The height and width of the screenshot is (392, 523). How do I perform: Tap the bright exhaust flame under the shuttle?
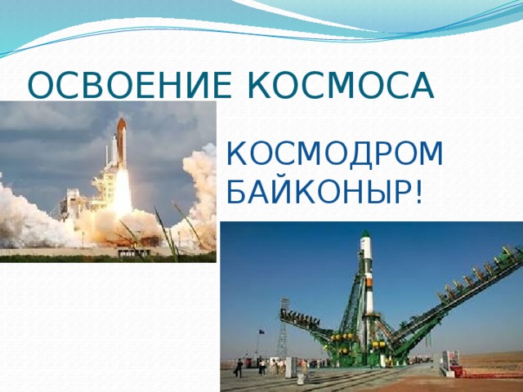coord(123,192)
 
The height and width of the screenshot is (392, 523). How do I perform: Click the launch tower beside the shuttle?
coord(105,176)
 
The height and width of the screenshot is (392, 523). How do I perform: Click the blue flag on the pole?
coord(261,332)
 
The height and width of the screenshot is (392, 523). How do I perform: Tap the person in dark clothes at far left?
coord(238,367)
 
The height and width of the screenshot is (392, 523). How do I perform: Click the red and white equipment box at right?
coord(450,364)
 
